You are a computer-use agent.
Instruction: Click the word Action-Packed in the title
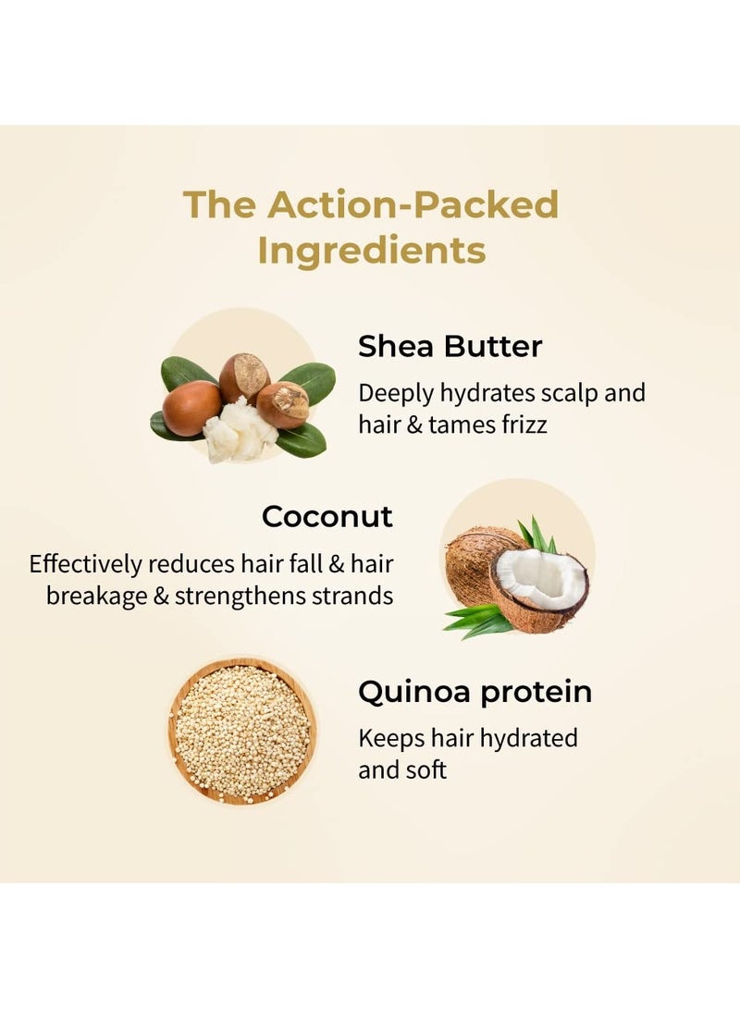(x=413, y=204)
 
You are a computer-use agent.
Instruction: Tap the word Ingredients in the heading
(x=371, y=251)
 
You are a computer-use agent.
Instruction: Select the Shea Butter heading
(x=450, y=347)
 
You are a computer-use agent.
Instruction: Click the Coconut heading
(x=327, y=516)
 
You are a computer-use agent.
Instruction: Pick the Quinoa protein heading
(x=475, y=692)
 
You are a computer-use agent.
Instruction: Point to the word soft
(x=425, y=769)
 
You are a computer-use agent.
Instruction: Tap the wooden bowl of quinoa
(x=241, y=732)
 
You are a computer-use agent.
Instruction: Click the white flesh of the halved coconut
(x=542, y=579)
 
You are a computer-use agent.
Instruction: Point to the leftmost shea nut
(x=191, y=408)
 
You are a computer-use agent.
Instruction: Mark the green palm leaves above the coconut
(x=537, y=535)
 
